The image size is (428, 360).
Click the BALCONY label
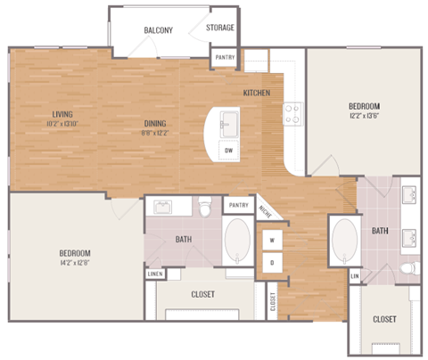158,30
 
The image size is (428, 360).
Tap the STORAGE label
220,28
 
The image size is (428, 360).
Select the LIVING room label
62,113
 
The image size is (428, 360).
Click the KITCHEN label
257,93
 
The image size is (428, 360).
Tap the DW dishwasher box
230,150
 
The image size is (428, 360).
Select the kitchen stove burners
291,111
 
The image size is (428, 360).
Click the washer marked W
270,241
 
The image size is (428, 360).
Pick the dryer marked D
270,263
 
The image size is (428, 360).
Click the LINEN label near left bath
154,273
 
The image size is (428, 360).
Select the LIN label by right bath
354,277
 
